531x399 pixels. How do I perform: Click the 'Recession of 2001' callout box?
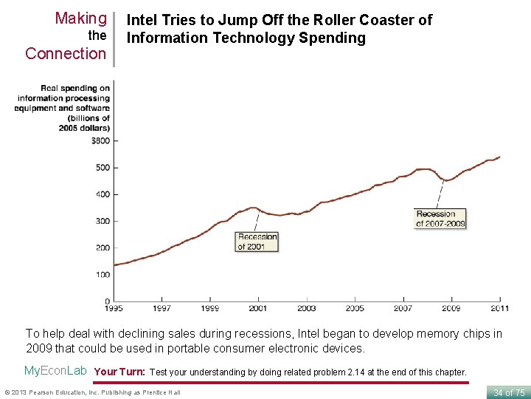click(x=257, y=242)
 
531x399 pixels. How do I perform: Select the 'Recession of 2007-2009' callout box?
click(x=440, y=219)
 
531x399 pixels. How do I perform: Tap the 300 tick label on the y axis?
click(x=103, y=221)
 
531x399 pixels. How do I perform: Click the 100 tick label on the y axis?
click(x=103, y=275)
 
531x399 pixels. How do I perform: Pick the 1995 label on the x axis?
click(x=114, y=308)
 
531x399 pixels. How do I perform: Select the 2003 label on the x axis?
click(x=307, y=308)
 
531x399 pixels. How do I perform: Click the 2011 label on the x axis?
click(x=500, y=308)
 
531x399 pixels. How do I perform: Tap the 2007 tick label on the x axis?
click(x=403, y=308)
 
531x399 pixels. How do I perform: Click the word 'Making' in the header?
click(x=80, y=18)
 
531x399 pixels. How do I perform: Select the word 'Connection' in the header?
click(x=66, y=53)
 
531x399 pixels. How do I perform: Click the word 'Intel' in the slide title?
click(x=144, y=20)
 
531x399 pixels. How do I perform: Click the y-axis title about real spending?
click(x=63, y=108)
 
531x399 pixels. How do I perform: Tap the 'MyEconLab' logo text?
click(x=55, y=371)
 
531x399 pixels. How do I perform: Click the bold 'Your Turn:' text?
click(x=121, y=372)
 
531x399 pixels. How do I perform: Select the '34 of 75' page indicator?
click(x=509, y=392)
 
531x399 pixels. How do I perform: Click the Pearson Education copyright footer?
click(x=92, y=392)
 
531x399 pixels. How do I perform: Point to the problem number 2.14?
click(x=358, y=372)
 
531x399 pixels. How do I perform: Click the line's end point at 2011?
click(x=500, y=157)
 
